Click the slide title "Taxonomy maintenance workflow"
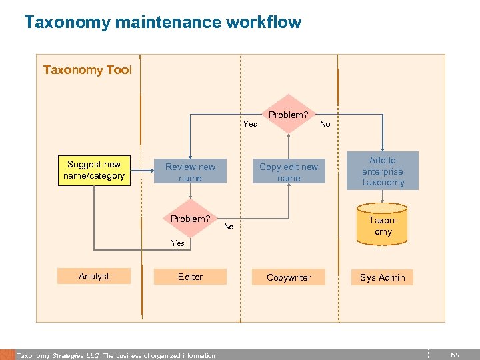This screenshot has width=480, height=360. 163,23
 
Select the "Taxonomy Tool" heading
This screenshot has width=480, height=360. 87,70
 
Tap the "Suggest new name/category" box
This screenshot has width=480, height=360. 94,170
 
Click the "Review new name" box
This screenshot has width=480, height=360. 190,172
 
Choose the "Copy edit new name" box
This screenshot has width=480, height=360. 289,172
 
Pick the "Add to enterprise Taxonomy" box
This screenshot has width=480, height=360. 383,171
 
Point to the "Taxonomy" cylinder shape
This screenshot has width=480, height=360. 383,225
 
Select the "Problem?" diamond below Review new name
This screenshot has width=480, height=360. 191,219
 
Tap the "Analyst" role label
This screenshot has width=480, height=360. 94,276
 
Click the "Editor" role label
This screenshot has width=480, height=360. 190,276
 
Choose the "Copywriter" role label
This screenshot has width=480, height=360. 289,277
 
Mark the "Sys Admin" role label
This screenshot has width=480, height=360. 383,277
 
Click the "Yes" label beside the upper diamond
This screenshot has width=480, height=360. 250,123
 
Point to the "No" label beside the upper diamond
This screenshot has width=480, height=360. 325,123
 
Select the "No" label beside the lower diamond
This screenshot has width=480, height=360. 229,227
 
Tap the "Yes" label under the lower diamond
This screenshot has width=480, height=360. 178,243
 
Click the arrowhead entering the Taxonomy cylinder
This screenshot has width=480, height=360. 383,201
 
